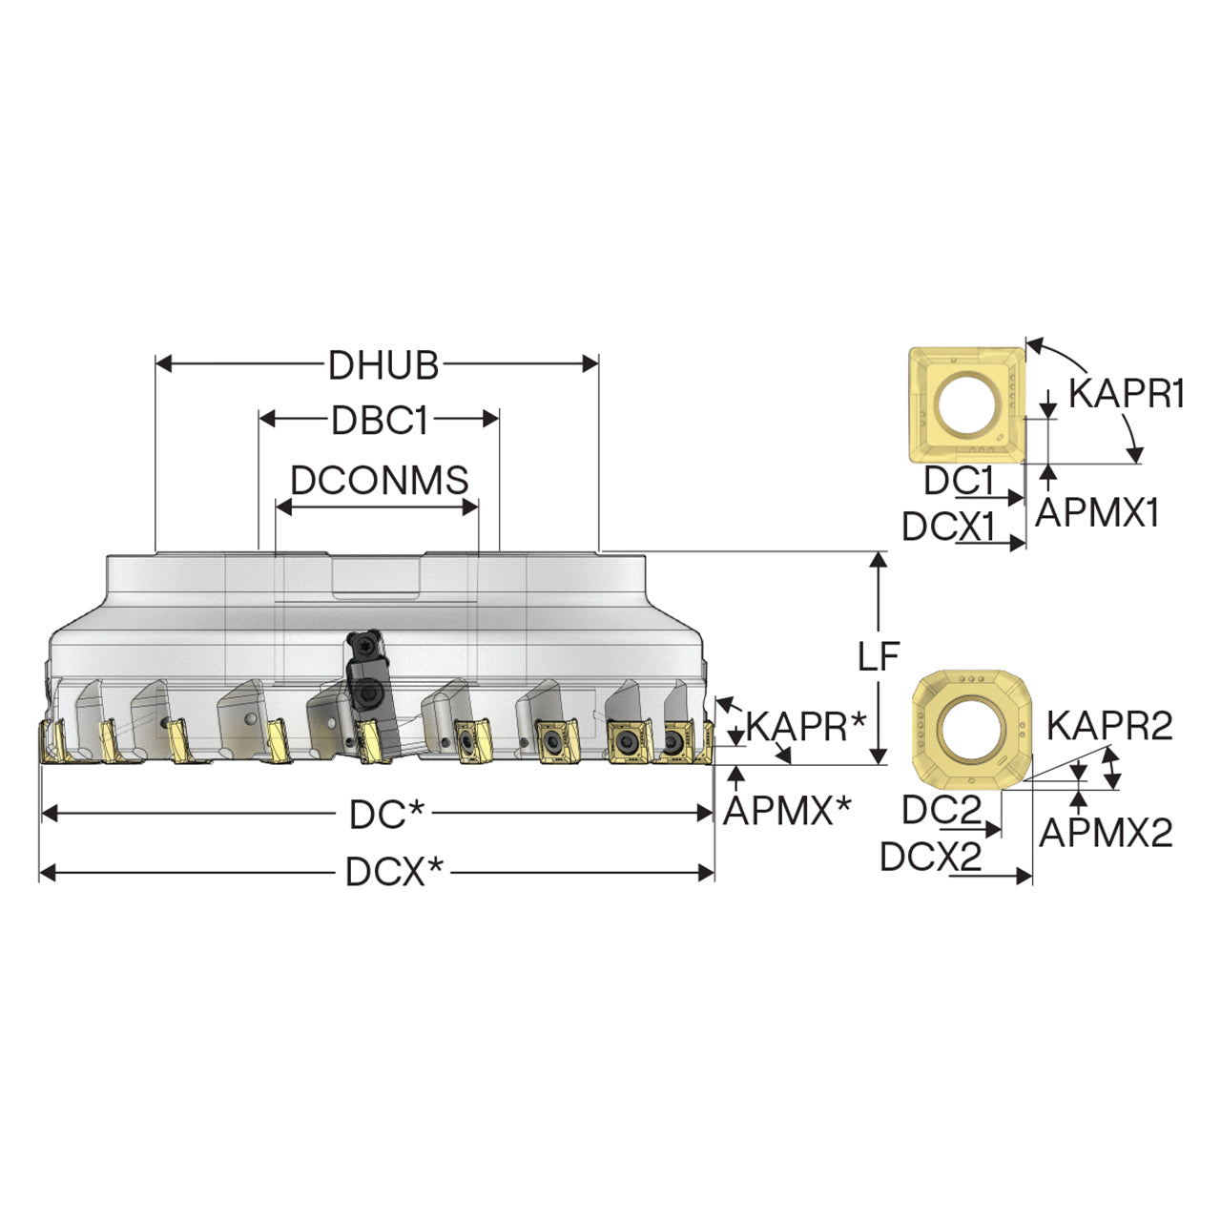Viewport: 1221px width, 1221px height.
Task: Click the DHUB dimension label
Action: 383,365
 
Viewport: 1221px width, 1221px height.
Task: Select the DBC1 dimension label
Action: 380,420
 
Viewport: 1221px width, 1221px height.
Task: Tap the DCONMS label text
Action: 380,480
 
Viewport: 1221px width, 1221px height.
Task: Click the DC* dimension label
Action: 386,815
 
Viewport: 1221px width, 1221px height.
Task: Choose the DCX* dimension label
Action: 394,872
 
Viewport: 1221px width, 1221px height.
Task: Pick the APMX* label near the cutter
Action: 788,810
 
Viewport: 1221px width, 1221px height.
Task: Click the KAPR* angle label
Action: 805,726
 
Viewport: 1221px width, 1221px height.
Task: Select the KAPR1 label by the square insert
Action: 1127,393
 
